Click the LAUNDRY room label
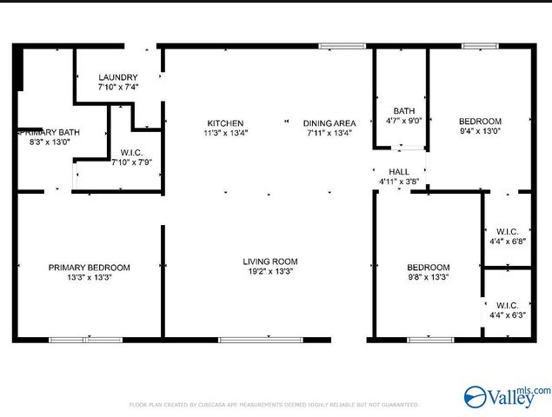click(117, 77)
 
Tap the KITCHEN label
click(225, 122)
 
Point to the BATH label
click(403, 110)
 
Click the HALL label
click(399, 172)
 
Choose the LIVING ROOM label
click(269, 261)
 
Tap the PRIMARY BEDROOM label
click(89, 268)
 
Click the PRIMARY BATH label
click(50, 132)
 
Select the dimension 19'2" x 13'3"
click(269, 271)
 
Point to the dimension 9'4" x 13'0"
click(480, 130)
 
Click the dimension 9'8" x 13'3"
click(429, 277)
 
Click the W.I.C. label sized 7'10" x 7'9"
click(132, 153)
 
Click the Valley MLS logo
click(507, 398)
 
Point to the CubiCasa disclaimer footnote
click(274, 405)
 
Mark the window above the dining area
click(336, 45)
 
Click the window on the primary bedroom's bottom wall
click(85, 339)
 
